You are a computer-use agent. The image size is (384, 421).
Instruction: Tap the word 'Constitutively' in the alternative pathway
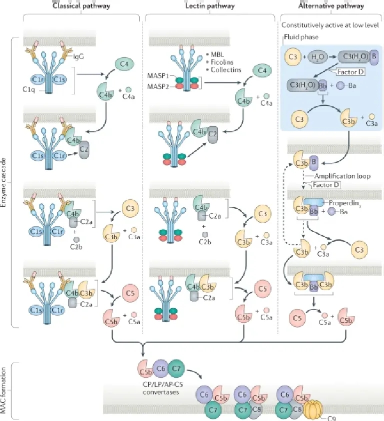point(297,25)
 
